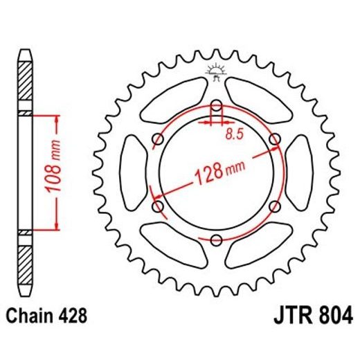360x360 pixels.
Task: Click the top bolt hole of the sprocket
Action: [216, 107]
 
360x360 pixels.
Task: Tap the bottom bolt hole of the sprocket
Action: [216, 240]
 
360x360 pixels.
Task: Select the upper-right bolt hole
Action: [274, 140]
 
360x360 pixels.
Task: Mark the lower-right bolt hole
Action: [274, 206]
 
